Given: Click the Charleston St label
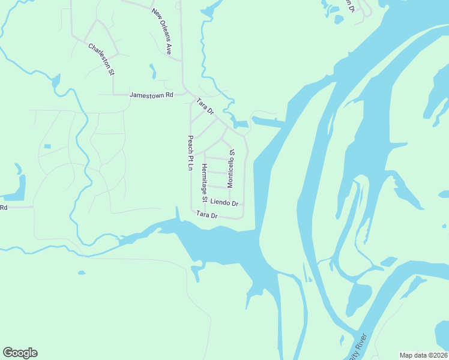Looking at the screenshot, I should [101, 59].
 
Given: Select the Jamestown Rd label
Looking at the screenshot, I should [151, 95].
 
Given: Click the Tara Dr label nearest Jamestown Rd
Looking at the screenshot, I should [205, 106].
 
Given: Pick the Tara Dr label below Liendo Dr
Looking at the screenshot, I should [206, 215].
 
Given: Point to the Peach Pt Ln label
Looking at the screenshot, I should [190, 152].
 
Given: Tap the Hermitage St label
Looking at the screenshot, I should [205, 182].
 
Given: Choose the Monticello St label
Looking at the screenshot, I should [231, 168].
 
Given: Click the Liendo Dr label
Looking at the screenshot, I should [224, 203].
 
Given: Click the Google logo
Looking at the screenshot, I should [20, 353].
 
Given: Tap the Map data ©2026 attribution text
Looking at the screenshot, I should [423, 355].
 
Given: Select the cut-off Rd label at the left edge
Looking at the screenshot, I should [4, 208].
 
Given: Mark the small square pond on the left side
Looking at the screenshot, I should [47, 146].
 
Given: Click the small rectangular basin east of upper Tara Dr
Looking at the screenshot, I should [241, 124].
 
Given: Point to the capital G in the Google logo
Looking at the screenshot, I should [8, 353].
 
